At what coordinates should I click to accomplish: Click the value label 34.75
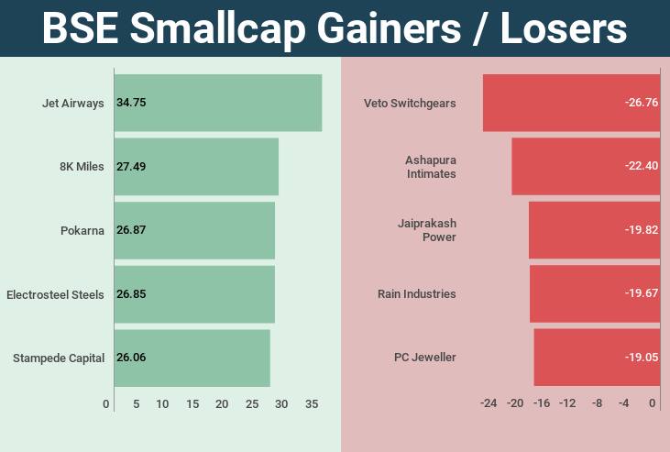point(131,103)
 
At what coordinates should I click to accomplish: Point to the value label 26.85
point(131,294)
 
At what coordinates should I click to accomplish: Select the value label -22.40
point(641,166)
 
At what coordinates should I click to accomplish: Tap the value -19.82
point(641,230)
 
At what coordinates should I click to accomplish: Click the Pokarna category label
point(82,230)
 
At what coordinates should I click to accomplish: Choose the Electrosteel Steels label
point(55,294)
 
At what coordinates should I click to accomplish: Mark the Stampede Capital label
point(59,358)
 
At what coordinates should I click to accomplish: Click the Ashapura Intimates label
point(430,166)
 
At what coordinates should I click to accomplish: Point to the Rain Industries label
point(416,294)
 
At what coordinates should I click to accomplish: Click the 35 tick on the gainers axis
point(312,404)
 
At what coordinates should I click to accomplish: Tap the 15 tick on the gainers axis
point(192,404)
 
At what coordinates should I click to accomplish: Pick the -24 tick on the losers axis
point(489,403)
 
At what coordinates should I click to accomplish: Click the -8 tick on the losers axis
point(597,403)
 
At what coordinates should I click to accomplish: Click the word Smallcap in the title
point(223,28)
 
